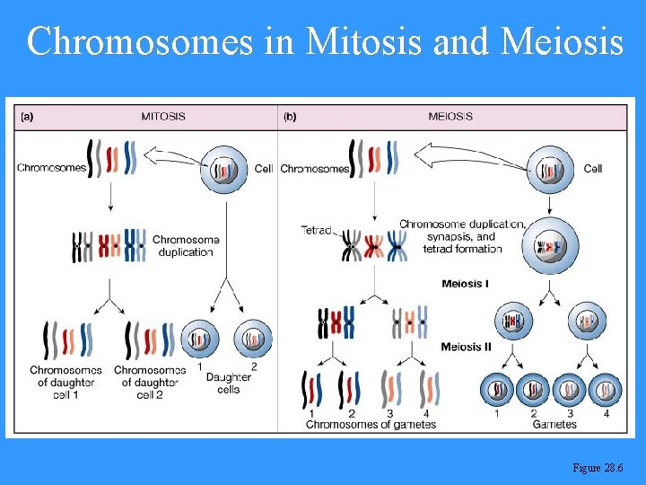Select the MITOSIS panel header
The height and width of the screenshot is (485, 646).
coord(163,117)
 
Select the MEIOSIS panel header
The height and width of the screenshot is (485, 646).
coord(450,117)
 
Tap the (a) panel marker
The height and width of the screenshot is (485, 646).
coord(28,117)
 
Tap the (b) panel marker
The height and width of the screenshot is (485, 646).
coord(291,117)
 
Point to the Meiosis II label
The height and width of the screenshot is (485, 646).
coord(468,347)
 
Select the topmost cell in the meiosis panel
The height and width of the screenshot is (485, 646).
coord(550,168)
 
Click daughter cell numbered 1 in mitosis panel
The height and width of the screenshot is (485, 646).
coord(199,339)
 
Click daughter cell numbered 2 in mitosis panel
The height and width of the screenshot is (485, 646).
coord(252,339)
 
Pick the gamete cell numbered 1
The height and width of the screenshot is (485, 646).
coord(498,390)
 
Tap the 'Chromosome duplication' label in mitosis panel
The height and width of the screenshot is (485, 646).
coord(185,245)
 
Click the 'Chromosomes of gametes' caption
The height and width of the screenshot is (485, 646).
coord(371,425)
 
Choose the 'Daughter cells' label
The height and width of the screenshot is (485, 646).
coord(228,383)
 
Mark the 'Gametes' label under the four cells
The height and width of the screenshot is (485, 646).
coord(554,425)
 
